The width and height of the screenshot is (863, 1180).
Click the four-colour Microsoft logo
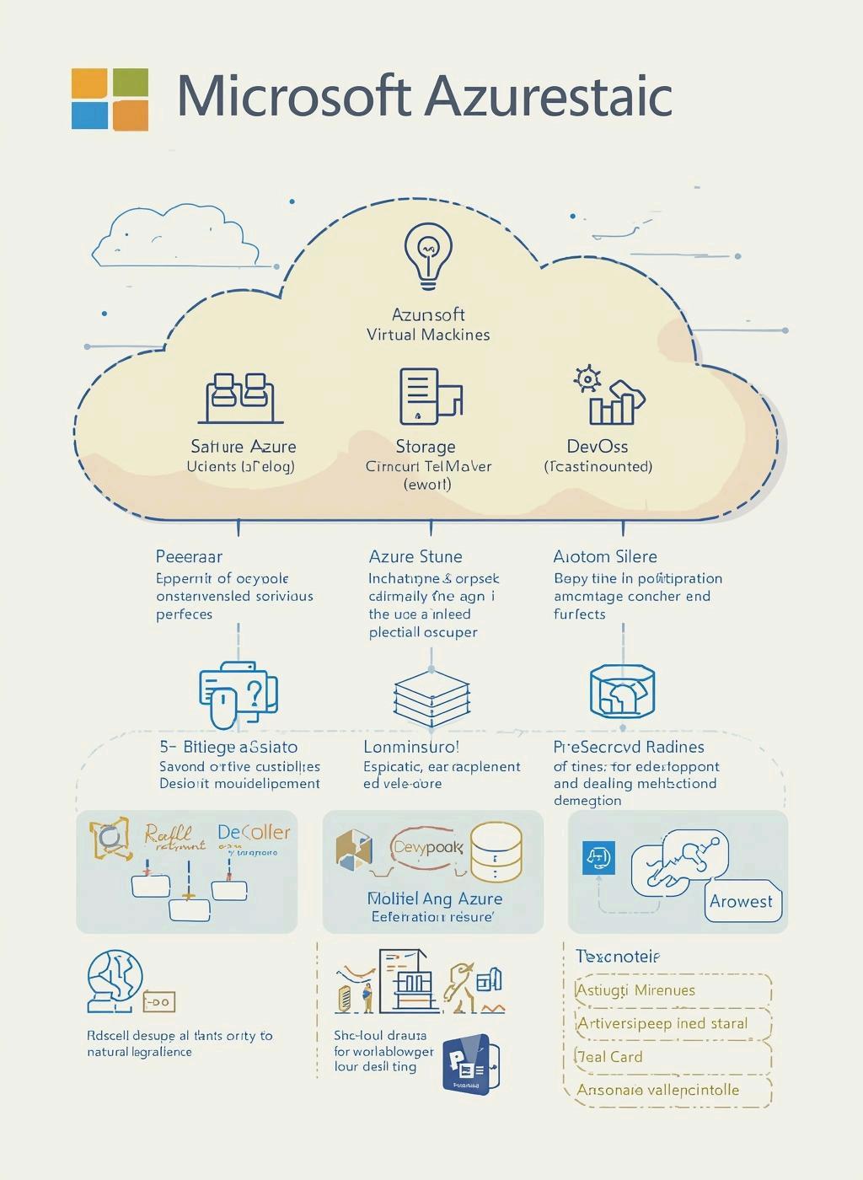point(110,99)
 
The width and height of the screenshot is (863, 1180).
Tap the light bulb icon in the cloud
point(428,252)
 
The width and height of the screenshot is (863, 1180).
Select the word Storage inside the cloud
point(426,447)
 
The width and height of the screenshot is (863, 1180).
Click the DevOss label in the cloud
point(597,447)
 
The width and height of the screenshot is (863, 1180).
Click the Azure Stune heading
point(415,556)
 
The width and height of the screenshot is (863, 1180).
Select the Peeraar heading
point(189,556)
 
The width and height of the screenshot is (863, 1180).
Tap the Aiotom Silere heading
point(605,556)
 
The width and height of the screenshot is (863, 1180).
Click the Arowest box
point(742,901)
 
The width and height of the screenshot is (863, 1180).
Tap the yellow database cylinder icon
point(496,851)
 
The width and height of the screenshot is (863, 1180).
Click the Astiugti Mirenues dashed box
point(672,990)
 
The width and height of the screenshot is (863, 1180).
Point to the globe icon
point(115,980)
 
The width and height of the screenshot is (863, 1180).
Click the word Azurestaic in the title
point(548,97)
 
